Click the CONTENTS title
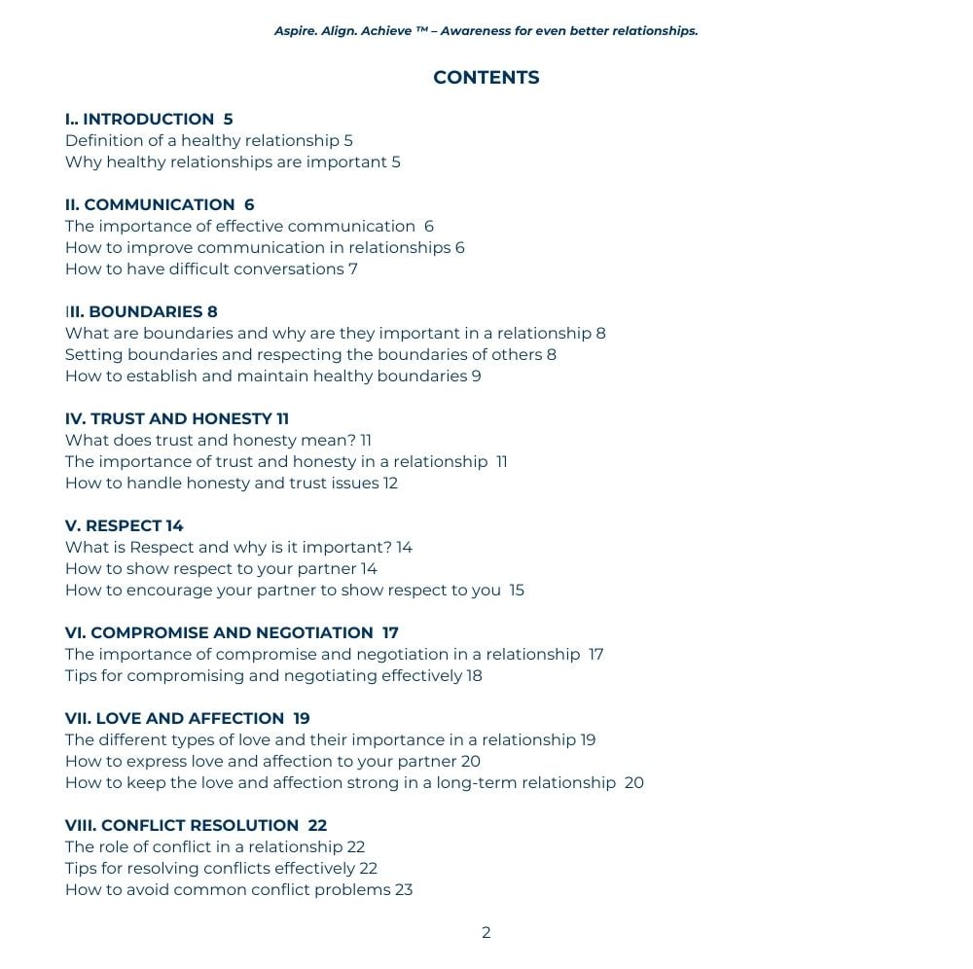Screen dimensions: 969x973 486,78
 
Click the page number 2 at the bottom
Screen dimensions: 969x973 486,933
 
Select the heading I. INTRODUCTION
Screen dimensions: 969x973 139,120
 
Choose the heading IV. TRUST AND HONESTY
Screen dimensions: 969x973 168,419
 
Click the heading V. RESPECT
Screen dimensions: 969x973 114,526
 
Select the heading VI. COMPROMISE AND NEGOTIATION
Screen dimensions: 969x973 219,633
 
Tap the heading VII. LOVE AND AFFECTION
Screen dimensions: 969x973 174,719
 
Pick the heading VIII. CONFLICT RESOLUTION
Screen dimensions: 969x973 182,826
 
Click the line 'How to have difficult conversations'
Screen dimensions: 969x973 204,269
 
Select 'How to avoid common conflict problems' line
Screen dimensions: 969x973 228,890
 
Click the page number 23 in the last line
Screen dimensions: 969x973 404,890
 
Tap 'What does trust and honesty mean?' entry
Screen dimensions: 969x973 210,441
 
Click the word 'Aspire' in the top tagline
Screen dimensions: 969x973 295,31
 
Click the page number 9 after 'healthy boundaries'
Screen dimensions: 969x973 477,377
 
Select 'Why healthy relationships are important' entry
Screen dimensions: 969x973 226,162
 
